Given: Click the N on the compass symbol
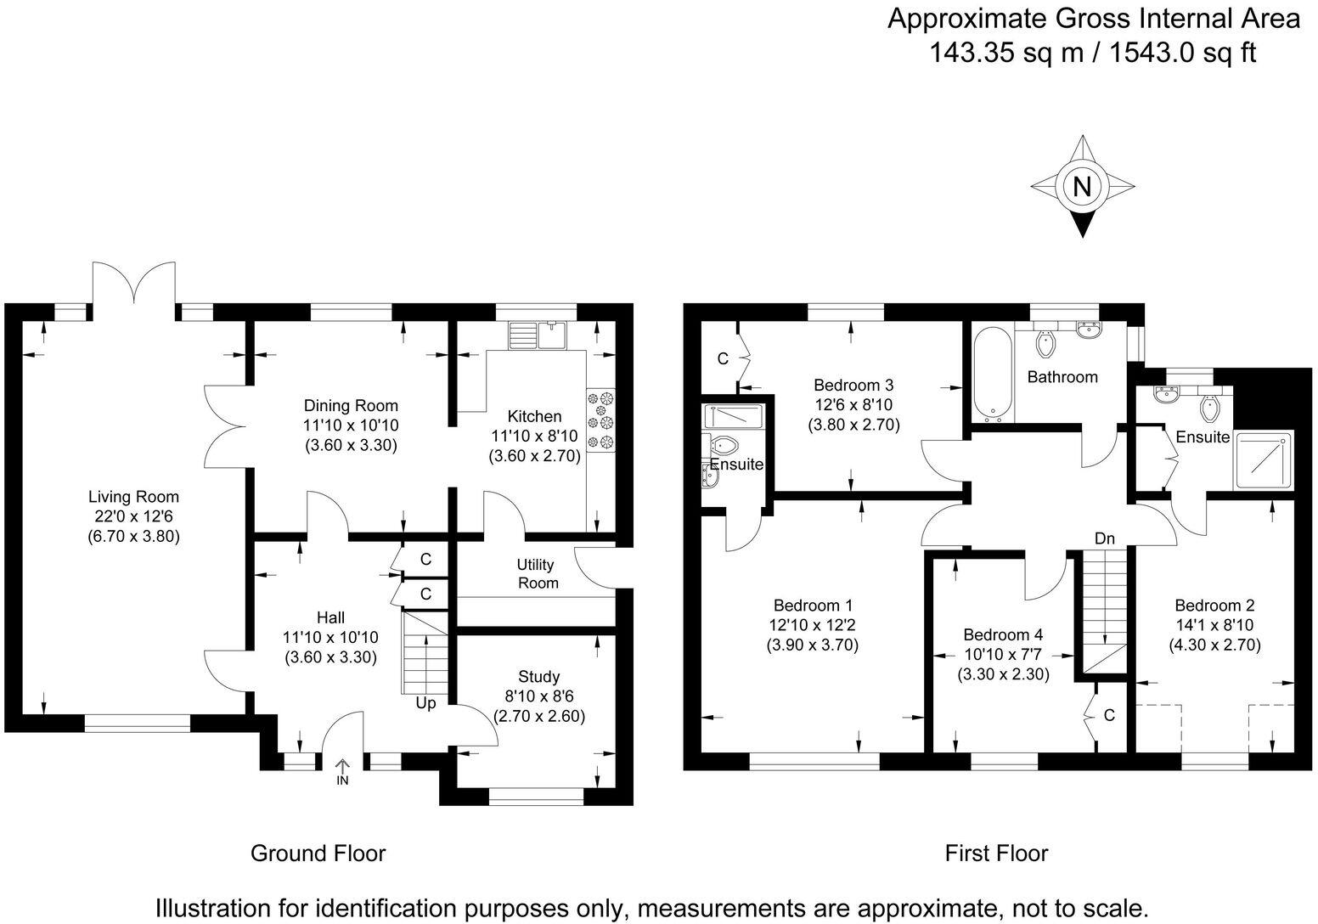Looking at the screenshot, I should click(x=1082, y=187).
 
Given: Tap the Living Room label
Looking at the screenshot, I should click(x=133, y=497).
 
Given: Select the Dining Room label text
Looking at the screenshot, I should click(x=351, y=406).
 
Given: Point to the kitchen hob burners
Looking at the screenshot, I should click(x=600, y=420).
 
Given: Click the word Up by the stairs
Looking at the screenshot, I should click(x=425, y=703).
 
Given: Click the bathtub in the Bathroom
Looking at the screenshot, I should click(x=990, y=375).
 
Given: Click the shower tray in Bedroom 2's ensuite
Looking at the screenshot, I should click(x=1263, y=460).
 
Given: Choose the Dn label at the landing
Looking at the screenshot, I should click(x=1104, y=538).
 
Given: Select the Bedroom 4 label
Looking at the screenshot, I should click(x=1003, y=634).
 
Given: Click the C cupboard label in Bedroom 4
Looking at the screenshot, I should click(x=1108, y=716).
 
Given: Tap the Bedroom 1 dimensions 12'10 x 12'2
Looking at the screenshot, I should click(x=813, y=625).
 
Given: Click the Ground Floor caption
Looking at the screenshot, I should click(x=318, y=853).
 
